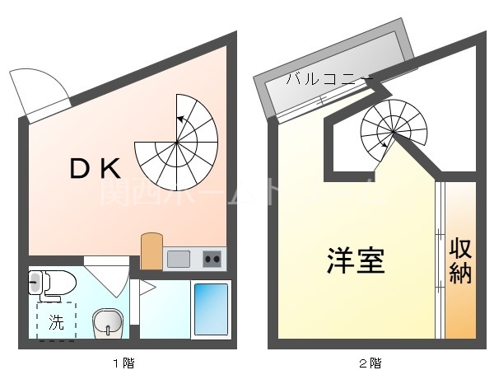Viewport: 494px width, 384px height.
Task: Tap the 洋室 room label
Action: pos(356,263)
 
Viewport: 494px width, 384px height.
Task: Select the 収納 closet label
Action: pos(460,261)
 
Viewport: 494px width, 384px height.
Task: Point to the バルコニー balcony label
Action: pos(329,80)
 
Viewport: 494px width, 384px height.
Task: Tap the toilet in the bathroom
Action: pos(51,283)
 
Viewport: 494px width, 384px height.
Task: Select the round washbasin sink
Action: pos(106,321)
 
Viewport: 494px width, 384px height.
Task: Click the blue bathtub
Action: pos(211,308)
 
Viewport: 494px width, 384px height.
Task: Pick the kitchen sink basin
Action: pos(179,259)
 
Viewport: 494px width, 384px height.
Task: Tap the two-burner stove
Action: pos(212,259)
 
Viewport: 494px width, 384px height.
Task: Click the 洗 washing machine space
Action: pos(56,322)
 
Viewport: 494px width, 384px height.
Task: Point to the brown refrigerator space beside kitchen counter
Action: pos(151,251)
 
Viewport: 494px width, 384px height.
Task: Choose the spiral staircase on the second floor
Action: pos(391,132)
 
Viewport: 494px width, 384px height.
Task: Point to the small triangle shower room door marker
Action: pos(147,288)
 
